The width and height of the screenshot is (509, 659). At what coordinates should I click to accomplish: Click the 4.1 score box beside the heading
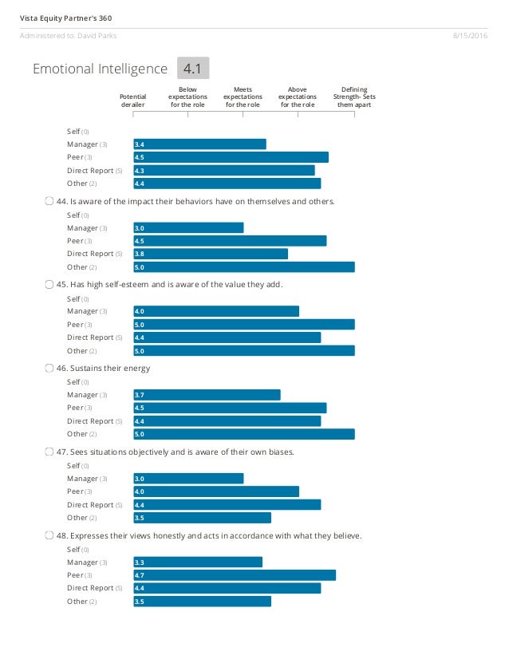(x=191, y=69)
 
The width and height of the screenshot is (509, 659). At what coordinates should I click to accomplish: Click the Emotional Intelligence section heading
(x=100, y=69)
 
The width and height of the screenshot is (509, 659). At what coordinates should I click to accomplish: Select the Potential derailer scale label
(x=132, y=101)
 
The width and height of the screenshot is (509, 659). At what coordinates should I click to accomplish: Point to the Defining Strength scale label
(x=354, y=97)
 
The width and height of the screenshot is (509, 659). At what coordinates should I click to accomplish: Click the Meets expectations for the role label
(x=243, y=97)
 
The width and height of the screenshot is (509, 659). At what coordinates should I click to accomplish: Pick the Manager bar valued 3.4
(x=199, y=144)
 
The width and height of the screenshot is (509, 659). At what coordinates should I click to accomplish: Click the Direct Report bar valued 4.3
(x=224, y=170)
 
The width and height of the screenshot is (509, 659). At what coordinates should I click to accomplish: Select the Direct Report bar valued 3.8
(x=211, y=254)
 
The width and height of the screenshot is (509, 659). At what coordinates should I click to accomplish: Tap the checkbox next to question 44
(x=50, y=201)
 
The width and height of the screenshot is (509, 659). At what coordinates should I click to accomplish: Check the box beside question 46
(x=50, y=369)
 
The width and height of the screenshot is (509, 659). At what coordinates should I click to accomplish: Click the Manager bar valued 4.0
(x=216, y=311)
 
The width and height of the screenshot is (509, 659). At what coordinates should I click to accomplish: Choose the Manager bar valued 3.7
(x=207, y=395)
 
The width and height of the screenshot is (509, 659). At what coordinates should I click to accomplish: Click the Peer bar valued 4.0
(x=216, y=491)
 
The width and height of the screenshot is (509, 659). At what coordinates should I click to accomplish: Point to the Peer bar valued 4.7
(x=235, y=575)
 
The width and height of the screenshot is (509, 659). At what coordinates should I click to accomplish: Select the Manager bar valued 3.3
(x=198, y=562)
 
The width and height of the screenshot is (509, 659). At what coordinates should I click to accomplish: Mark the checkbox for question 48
(x=50, y=536)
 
